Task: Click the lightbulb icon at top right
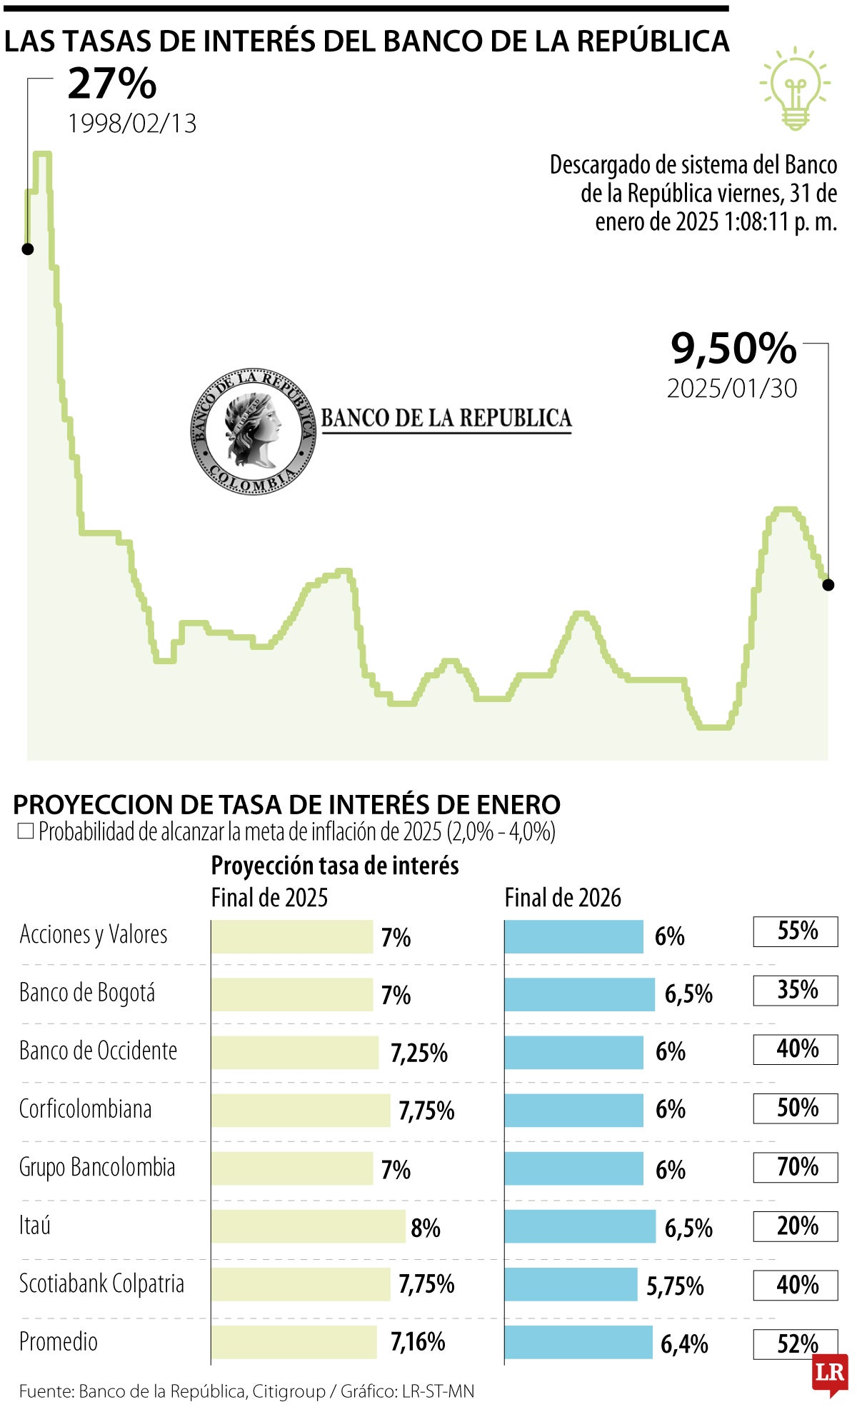[795, 89]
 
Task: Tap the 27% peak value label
[112, 84]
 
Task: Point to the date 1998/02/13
[132, 124]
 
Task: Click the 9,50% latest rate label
[733, 349]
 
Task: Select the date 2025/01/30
[732, 389]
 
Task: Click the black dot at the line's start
[28, 249]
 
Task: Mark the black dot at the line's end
[828, 585]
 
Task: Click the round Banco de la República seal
[253, 431]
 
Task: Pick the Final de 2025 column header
[269, 898]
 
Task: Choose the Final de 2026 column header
[563, 898]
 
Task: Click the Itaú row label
[35, 1226]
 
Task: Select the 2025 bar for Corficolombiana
[301, 1111]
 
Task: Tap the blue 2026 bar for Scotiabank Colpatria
[571, 1284]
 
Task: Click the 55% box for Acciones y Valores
[796, 931]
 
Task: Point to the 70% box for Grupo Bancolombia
[796, 1167]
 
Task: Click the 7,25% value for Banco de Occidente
[419, 1053]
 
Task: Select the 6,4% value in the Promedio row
[684, 1344]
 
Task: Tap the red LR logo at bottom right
[830, 1373]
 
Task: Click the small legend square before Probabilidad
[26, 831]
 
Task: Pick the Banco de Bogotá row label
[87, 993]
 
